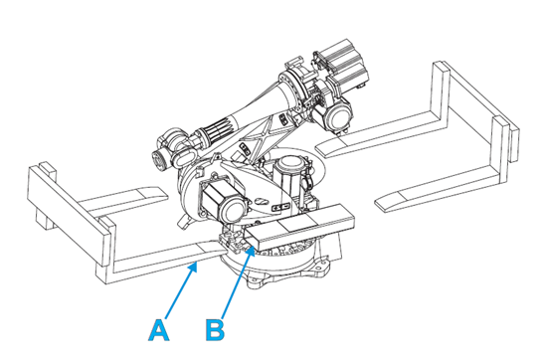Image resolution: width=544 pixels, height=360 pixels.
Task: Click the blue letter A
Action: tap(159, 330)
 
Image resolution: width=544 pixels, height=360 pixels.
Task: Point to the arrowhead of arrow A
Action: tap(194, 268)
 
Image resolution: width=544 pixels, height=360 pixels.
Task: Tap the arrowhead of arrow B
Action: tap(251, 252)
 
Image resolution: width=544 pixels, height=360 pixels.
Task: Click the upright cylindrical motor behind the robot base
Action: tap(289, 176)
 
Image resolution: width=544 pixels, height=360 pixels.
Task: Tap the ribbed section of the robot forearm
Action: tap(214, 133)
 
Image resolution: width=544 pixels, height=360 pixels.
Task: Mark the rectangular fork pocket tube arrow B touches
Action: tap(299, 226)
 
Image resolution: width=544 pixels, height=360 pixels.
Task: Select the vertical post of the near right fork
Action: tap(500, 150)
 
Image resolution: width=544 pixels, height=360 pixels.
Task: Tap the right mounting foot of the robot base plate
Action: tap(321, 269)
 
